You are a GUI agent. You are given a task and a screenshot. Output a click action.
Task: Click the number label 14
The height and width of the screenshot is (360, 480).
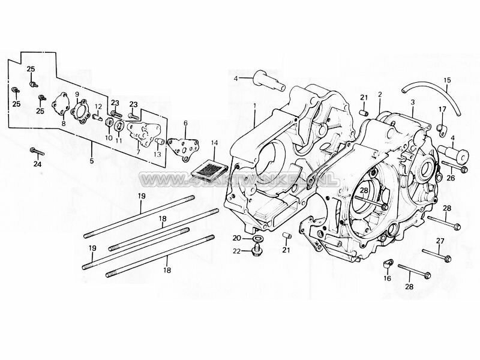coord(215,143)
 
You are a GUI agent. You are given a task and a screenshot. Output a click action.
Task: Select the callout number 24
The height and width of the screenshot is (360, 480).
coord(37,164)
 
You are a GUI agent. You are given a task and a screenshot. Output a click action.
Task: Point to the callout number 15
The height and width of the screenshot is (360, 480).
coord(446,80)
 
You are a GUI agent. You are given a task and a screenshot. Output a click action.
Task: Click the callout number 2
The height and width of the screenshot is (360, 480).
coord(379,95)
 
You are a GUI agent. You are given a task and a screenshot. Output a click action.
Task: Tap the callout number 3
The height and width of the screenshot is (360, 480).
coord(412,103)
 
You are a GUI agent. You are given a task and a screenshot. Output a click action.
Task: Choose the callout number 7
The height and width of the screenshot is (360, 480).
coord(138,152)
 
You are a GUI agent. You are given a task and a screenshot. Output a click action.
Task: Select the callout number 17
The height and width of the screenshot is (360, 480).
coord(442,109)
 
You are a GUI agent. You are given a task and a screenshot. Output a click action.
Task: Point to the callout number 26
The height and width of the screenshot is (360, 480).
coord(451,177)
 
